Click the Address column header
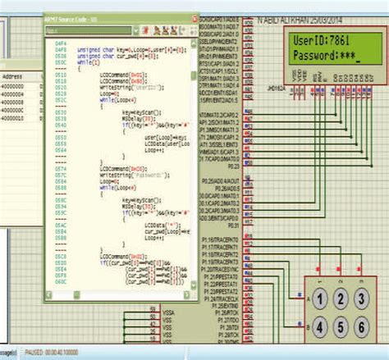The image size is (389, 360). [x=12, y=75]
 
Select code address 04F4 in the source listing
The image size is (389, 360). [x=60, y=41]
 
